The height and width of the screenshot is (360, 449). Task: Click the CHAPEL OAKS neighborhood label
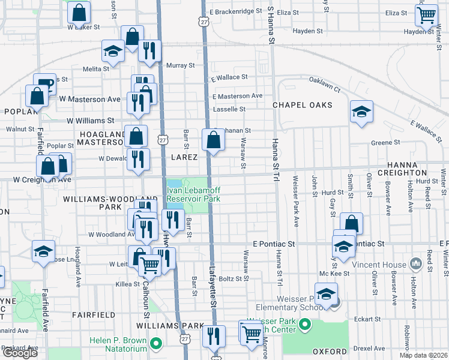tap(302, 105)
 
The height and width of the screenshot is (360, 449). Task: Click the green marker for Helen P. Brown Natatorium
tap(156, 344)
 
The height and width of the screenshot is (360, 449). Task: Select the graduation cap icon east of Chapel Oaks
tap(361, 112)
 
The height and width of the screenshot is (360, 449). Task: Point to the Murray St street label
tap(181, 65)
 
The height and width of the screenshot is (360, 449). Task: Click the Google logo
tap(20, 353)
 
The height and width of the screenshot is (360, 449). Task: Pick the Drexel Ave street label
tap(369, 348)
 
